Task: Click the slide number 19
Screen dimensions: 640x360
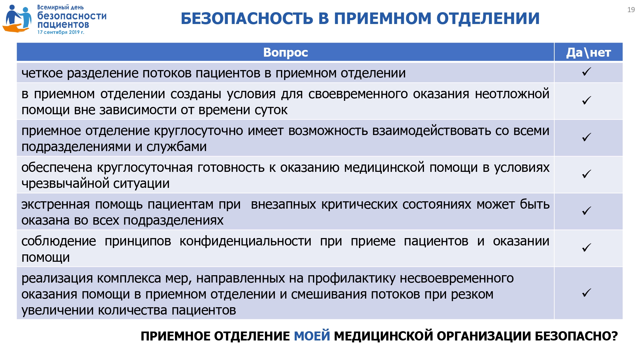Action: pos(631,10)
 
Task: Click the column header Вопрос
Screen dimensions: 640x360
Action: pos(285,52)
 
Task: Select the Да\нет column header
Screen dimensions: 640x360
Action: pos(588,52)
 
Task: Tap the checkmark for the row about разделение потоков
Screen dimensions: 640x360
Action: pos(587,72)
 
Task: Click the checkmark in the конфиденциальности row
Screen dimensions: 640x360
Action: pos(587,247)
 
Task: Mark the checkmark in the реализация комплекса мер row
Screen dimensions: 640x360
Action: pos(587,293)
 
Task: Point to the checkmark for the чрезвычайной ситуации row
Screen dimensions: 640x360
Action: pos(587,174)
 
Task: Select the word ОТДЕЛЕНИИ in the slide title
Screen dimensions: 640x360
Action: pos(488,18)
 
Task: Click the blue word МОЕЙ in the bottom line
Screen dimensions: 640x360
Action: pos(312,336)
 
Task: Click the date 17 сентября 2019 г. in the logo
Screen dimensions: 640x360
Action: pos(61,32)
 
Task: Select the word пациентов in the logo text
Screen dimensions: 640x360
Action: pos(63,24)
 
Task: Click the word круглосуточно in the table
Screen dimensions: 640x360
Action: pos(198,131)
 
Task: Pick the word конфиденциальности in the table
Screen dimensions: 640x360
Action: pos(245,241)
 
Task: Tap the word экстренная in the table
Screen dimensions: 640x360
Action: pos(56,204)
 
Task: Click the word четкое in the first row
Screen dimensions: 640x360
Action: pos(42,73)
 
